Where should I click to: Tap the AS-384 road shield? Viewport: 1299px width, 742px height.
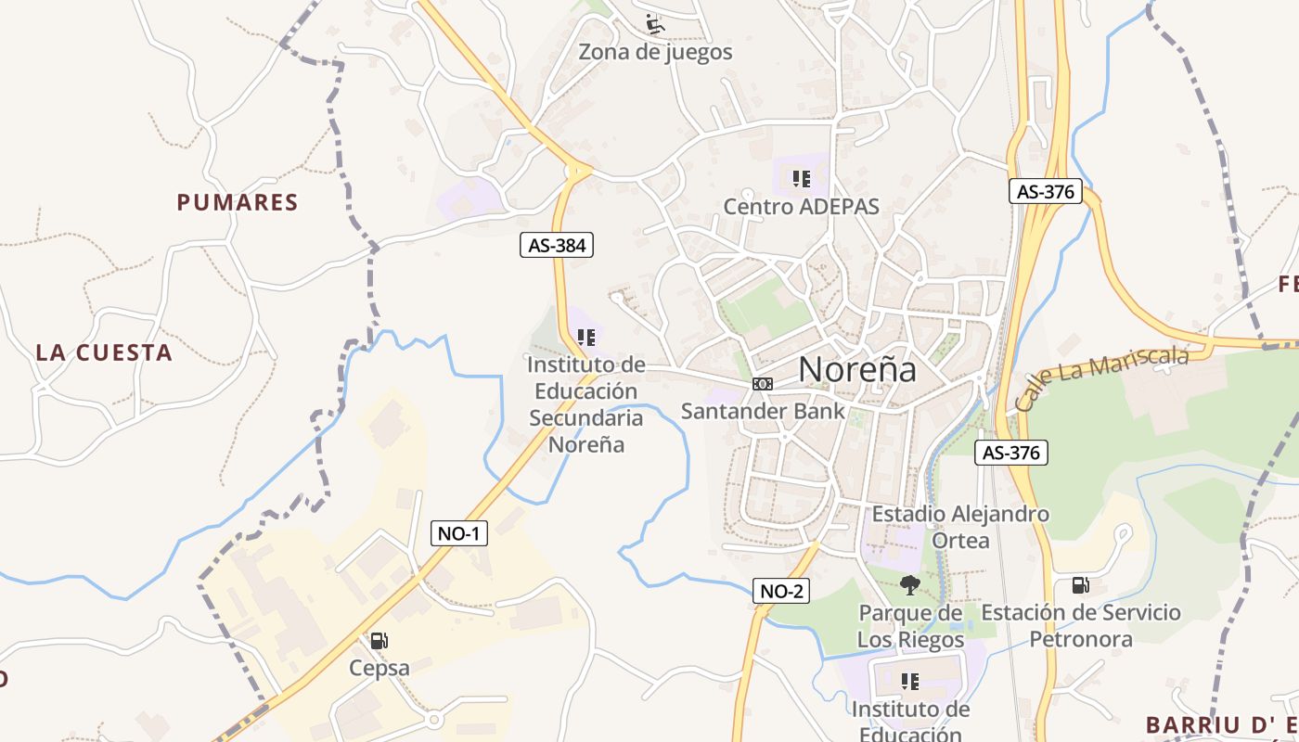[x=556, y=245]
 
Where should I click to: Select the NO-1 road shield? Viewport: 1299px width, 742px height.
[x=459, y=533]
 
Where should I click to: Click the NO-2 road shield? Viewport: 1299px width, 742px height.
[x=780, y=591]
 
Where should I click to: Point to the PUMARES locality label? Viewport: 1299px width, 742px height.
[x=238, y=202]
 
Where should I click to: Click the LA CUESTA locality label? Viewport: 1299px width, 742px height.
[x=104, y=352]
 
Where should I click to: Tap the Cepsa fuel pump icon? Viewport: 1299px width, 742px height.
[x=379, y=640]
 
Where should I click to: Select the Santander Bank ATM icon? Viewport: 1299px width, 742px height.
[x=762, y=384]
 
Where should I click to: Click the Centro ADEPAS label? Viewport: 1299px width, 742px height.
[x=801, y=206]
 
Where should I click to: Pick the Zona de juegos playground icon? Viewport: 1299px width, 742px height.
[x=655, y=24]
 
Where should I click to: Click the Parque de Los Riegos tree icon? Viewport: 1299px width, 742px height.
[x=909, y=584]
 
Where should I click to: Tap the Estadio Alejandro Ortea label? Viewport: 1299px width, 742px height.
[x=960, y=526]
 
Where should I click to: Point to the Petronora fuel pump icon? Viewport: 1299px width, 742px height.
[x=1080, y=584]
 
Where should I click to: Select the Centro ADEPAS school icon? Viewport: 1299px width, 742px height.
[x=801, y=178]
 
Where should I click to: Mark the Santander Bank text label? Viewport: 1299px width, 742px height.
[x=763, y=411]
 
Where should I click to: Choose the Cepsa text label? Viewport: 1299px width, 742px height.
[x=379, y=668]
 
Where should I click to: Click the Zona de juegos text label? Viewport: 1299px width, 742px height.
[x=655, y=52]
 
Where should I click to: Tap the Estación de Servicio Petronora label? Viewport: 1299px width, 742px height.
[x=1081, y=625]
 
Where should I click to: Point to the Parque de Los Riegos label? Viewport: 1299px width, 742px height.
[x=910, y=626]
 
